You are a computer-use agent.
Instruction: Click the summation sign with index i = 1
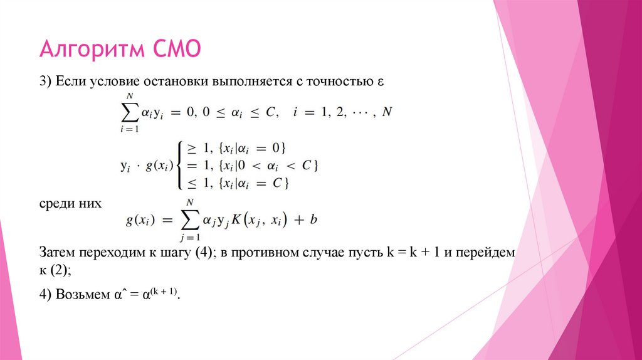(x=128, y=113)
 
